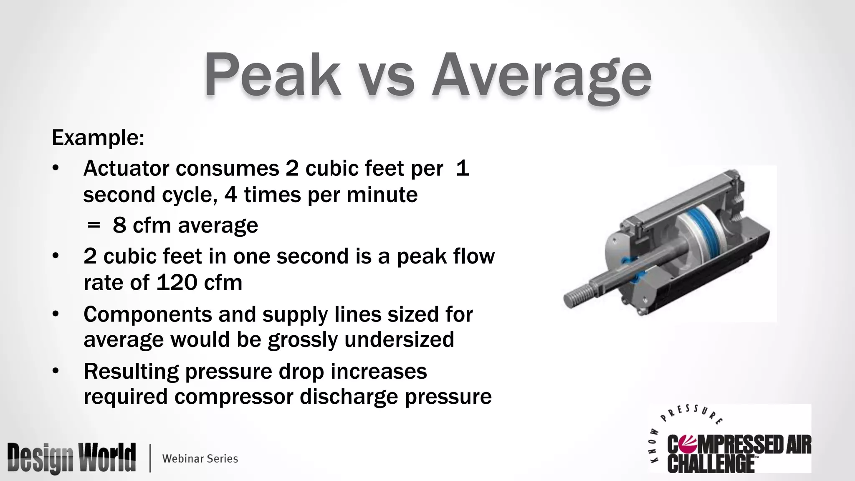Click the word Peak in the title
[272, 75]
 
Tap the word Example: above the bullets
[98, 138]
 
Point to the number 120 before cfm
[177, 283]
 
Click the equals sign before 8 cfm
[94, 225]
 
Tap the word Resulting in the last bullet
[131, 371]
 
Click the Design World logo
[71, 458]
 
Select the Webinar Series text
[200, 458]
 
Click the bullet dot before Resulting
[56, 371]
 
